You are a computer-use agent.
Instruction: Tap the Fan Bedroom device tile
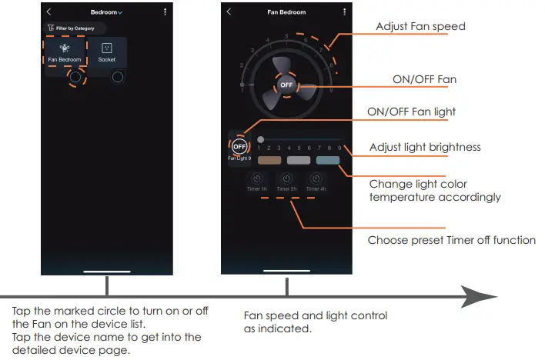[65, 53]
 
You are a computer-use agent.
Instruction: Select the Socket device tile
[107, 53]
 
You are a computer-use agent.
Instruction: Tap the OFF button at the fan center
[286, 85]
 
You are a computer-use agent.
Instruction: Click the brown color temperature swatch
[269, 162]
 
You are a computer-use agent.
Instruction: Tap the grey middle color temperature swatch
[298, 162]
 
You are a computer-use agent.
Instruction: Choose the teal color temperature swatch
[327, 162]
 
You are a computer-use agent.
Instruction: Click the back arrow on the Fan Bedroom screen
[229, 12]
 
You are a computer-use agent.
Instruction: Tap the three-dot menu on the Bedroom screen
[165, 12]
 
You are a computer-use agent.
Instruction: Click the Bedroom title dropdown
[106, 13]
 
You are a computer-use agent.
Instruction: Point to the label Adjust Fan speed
[420, 27]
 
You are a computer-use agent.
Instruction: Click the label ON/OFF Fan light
[411, 112]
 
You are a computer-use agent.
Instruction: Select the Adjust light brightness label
[425, 147]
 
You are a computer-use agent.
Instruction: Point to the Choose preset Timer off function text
[451, 240]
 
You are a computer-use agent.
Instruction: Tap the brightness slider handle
[260, 139]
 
